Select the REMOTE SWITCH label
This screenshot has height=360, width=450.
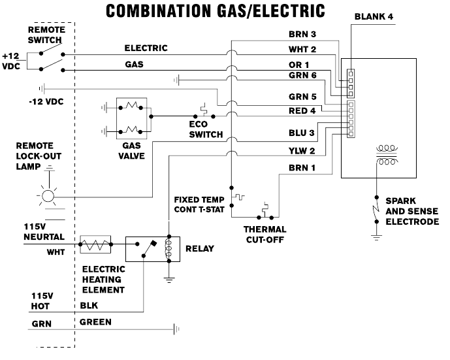[44, 35]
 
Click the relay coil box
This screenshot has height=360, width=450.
[169, 248]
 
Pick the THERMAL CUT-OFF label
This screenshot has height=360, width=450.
[265, 233]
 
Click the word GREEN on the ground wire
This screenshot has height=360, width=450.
[95, 322]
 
